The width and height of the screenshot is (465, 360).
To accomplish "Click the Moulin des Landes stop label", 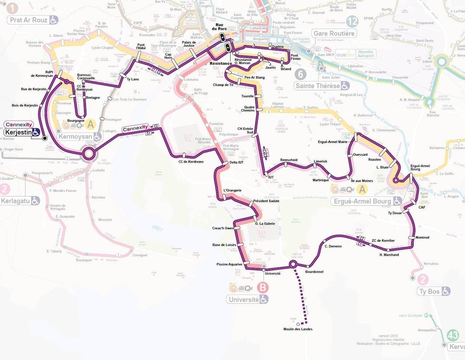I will pos(298,329).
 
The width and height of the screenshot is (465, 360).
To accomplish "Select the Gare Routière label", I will pos(334,33).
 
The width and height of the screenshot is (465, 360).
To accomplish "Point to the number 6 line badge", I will pos(300,74).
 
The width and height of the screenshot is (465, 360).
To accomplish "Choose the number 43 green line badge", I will pos(453,335).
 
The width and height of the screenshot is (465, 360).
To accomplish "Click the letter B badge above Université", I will pos(263,288).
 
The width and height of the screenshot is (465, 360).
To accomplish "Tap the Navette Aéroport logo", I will pos(366,54).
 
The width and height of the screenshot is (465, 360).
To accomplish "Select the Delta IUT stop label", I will pos(236,162).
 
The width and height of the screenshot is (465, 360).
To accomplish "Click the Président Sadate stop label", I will pos(266,201).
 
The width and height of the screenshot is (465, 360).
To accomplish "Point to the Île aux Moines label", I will pos(362,181).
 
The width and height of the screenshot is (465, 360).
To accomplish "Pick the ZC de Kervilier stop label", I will pos(383,241).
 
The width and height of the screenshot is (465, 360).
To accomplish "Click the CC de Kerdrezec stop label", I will pos(191,161).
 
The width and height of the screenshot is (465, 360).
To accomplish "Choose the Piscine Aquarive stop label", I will pos(229,264).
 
